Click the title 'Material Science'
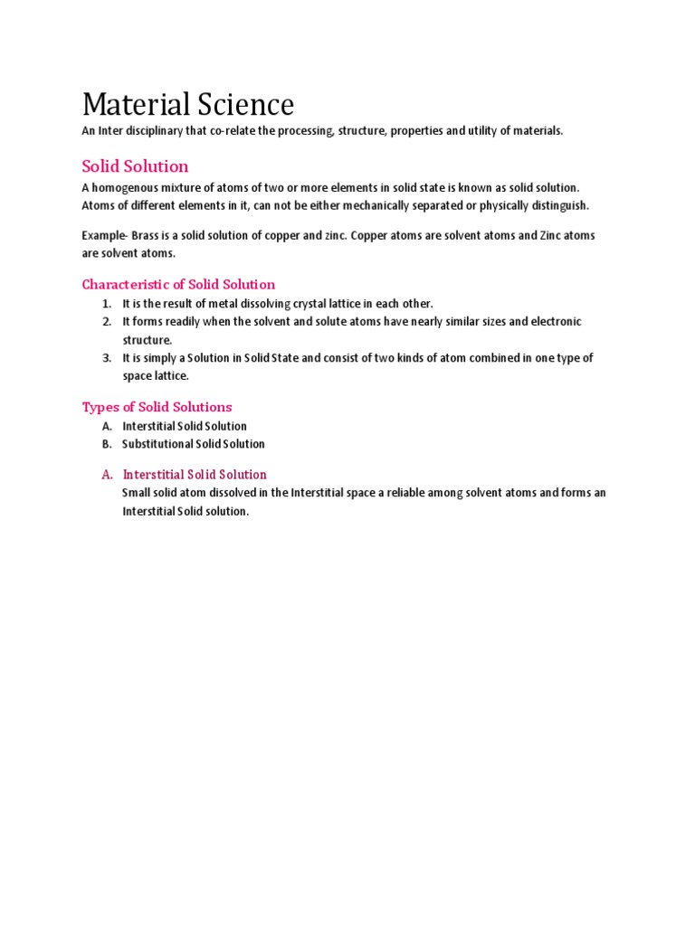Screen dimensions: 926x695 point(187,105)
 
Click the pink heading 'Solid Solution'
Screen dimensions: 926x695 point(135,166)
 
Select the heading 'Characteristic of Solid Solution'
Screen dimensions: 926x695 point(178,284)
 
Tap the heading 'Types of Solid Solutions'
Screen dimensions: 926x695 point(157,407)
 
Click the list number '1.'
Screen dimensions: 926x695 point(106,304)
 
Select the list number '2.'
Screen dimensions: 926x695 point(106,322)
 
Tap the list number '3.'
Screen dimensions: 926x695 point(106,358)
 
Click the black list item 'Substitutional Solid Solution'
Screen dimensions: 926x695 point(194,444)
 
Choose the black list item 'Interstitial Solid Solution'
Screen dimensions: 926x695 point(185,426)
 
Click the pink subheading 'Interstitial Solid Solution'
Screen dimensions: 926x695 point(195,475)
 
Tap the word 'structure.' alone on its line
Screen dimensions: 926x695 point(147,340)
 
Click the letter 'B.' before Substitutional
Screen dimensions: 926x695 point(106,444)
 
